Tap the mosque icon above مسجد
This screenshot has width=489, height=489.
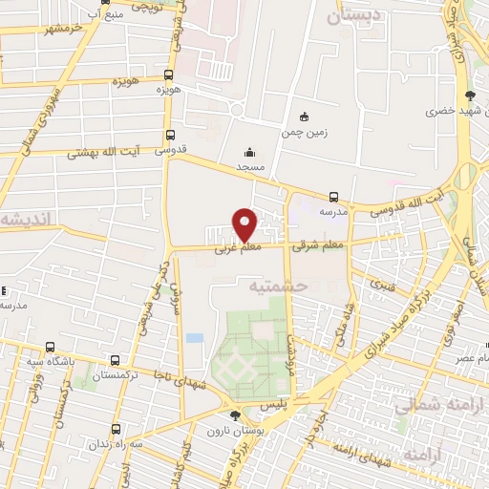pyautogui.click(x=249, y=152)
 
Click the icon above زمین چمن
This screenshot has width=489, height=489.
pyautogui.click(x=304, y=117)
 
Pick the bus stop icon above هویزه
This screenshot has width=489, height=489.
pyautogui.click(x=169, y=74)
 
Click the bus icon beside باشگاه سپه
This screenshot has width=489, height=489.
pyautogui.click(x=50, y=347)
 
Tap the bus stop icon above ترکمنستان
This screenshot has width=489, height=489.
pyautogui.click(x=116, y=361)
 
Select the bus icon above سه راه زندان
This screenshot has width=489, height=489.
pyautogui.click(x=116, y=429)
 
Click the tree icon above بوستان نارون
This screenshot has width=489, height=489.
pyautogui.click(x=236, y=414)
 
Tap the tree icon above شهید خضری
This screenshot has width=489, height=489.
pyautogui.click(x=469, y=96)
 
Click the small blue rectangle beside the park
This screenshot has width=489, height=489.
pyautogui.click(x=195, y=338)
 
